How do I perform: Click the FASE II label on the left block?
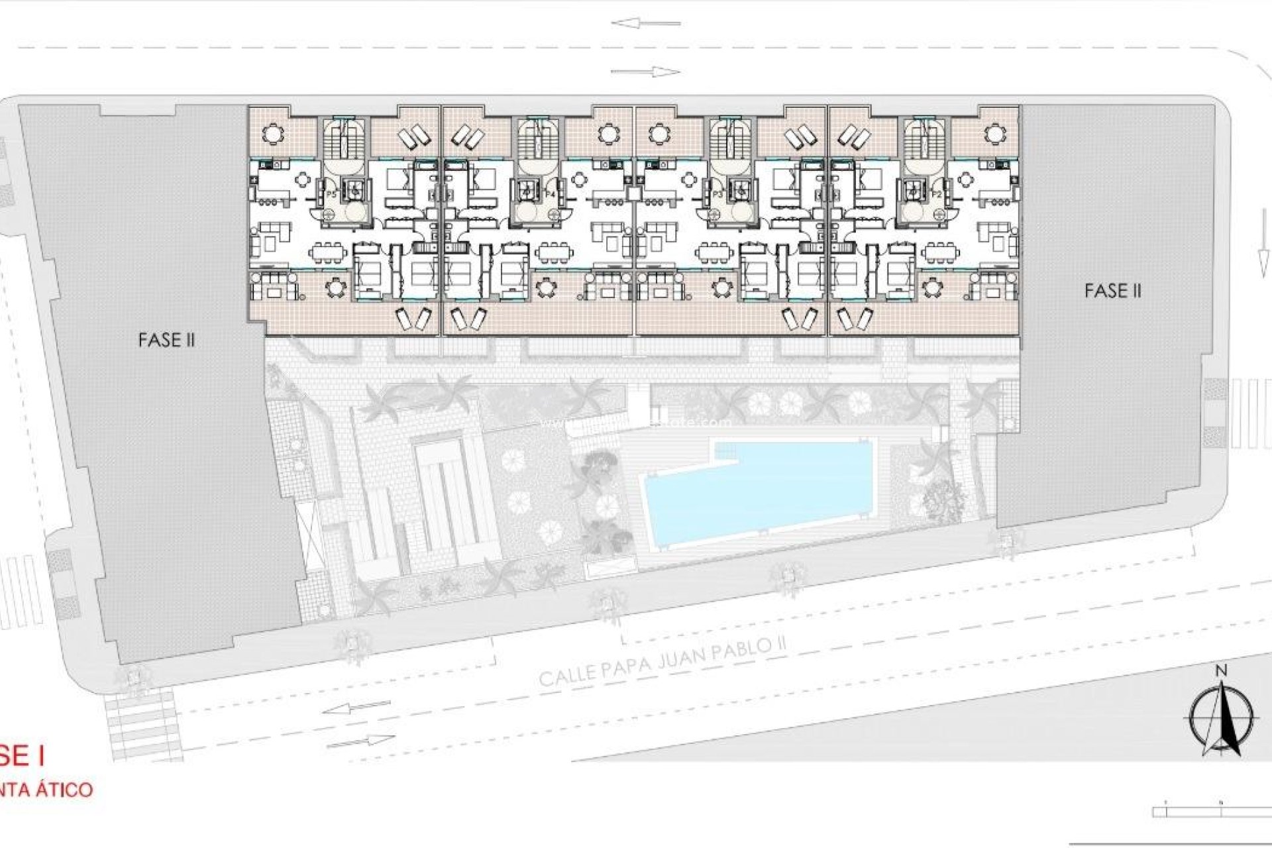(166, 340)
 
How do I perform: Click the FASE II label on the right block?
(1113, 290)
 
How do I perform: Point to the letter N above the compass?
(1221, 670)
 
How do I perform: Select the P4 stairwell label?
(549, 194)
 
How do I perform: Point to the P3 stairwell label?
(719, 194)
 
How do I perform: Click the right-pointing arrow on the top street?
(646, 72)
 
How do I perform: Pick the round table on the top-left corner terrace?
(272, 134)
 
